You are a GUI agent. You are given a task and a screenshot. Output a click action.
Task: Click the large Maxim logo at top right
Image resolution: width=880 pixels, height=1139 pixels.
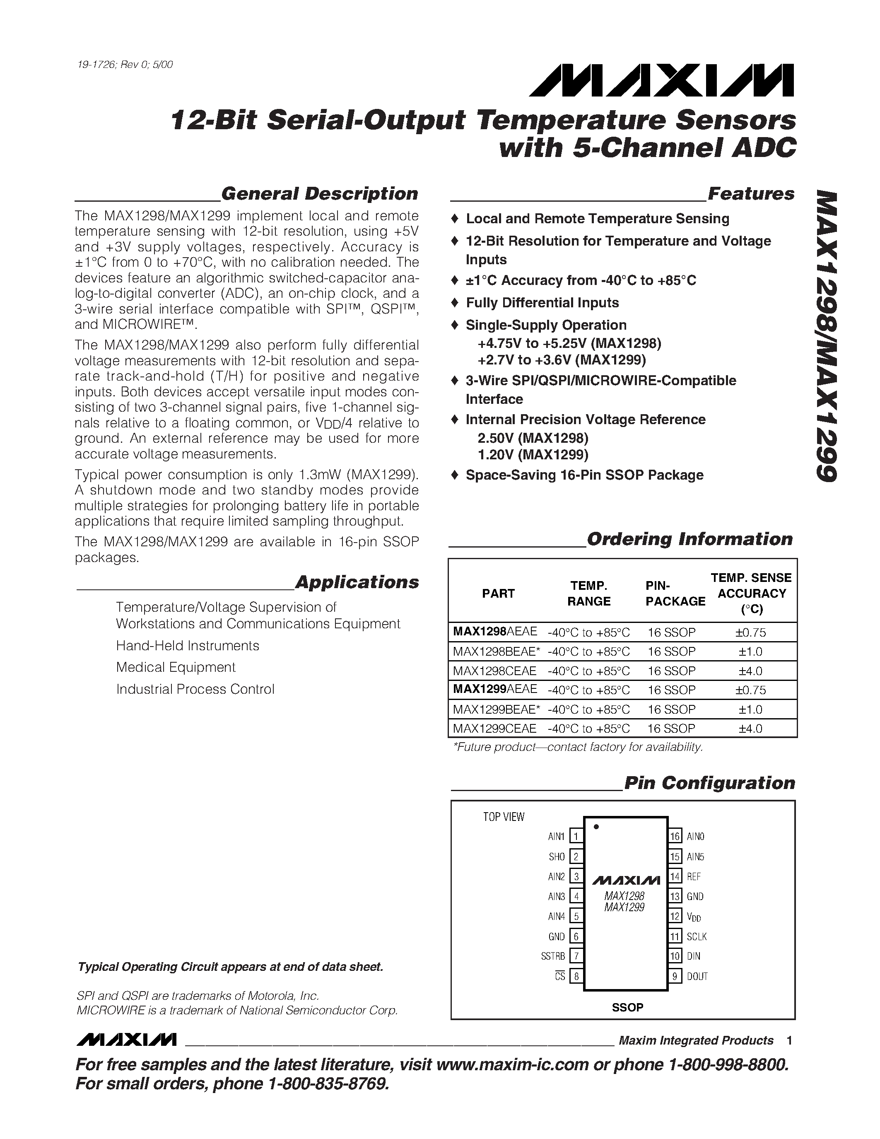(661, 80)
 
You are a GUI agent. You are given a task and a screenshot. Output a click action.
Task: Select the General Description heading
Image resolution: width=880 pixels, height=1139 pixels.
(319, 193)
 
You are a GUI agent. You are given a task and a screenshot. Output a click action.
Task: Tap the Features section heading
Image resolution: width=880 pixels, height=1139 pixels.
(750, 193)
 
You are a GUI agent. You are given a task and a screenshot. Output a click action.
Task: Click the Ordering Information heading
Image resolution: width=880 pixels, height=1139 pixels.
(689, 539)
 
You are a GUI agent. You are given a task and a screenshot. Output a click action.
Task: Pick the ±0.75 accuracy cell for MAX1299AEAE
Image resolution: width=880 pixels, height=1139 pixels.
(750, 690)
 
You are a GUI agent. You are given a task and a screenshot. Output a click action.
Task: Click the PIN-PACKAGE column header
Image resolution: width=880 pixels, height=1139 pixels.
(675, 594)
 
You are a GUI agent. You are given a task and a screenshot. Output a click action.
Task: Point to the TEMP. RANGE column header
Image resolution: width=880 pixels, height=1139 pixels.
(588, 594)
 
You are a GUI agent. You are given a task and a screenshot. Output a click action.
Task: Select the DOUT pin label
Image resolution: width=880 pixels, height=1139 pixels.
(697, 976)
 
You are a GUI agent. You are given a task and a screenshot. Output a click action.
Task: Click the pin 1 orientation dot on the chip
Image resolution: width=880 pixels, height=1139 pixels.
(596, 827)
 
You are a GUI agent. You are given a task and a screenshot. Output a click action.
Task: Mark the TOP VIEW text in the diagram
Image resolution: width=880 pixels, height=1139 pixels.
(504, 817)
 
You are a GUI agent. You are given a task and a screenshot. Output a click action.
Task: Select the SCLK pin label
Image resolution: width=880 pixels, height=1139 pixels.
(697, 936)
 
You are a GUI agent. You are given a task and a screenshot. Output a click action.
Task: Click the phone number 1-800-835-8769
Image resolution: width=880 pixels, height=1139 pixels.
(328, 1084)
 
